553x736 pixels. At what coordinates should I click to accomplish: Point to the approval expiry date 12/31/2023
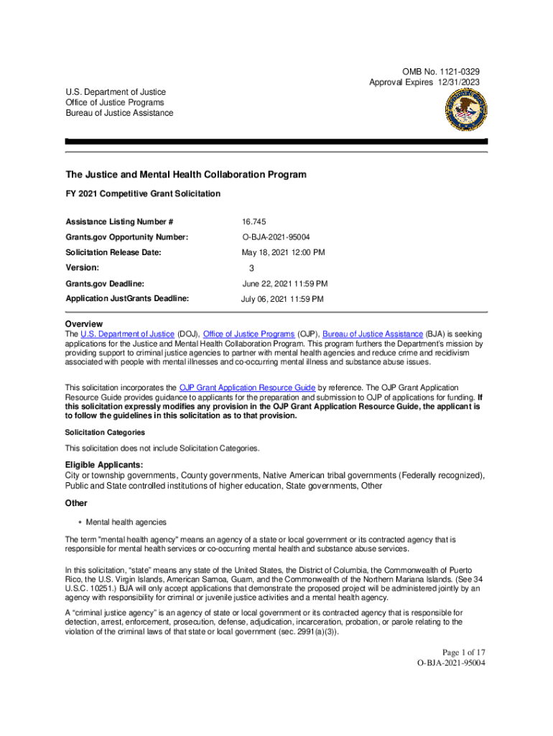tap(455, 83)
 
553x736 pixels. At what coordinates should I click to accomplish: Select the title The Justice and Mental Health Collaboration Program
tap(186, 175)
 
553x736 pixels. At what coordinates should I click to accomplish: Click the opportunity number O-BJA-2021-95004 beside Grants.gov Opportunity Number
tap(282, 237)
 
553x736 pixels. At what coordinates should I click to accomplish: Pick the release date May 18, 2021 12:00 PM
tap(283, 252)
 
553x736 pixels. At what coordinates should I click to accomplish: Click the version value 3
tap(251, 268)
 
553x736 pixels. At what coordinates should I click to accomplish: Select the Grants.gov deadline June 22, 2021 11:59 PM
tap(284, 284)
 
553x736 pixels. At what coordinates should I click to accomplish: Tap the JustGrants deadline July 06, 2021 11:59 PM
tap(282, 299)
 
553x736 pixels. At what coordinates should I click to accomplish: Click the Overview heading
tap(84, 324)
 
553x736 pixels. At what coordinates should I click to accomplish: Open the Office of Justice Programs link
tap(249, 334)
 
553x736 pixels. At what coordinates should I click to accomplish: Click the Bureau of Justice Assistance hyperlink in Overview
tap(373, 334)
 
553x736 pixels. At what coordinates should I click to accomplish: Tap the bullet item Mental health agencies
tap(126, 521)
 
